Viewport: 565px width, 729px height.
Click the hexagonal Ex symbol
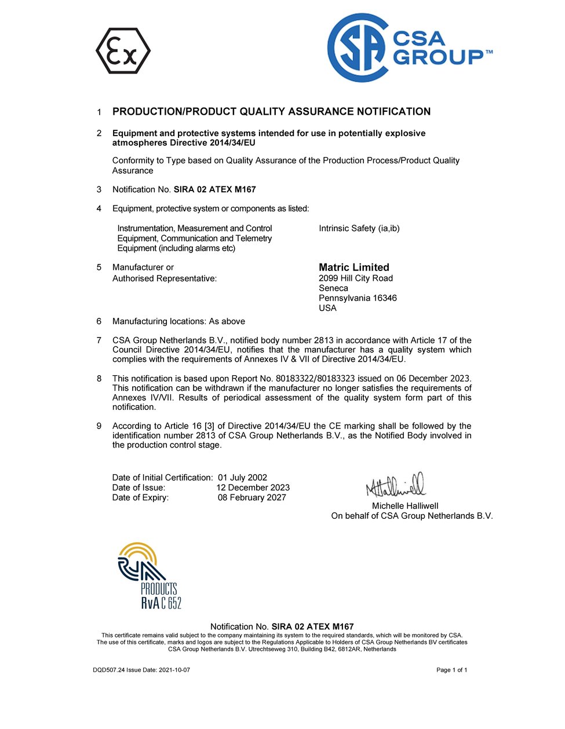[x=123, y=51]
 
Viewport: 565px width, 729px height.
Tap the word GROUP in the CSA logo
[x=438, y=57]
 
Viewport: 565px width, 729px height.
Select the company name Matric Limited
[x=353, y=268]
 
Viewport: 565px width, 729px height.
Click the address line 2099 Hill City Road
[x=355, y=279]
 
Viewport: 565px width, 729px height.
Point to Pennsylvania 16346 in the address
[x=358, y=298]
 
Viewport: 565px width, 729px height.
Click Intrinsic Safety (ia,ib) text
[x=359, y=229]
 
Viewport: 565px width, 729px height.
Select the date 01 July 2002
[x=242, y=478]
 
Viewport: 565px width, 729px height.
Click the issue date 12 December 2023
[x=253, y=488]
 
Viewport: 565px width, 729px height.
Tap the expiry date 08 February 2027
[x=251, y=497]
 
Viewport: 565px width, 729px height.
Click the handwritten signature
[x=395, y=485]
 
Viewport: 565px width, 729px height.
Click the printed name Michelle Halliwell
[x=405, y=506]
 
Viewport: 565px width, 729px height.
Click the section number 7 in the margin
[x=99, y=340]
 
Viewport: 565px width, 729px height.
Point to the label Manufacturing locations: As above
[x=178, y=321]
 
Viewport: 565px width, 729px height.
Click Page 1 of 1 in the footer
[x=451, y=670]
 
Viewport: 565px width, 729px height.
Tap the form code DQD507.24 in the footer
[x=108, y=670]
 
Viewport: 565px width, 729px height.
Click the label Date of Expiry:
[x=140, y=497]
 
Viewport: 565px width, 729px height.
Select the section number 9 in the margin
[x=99, y=426]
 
